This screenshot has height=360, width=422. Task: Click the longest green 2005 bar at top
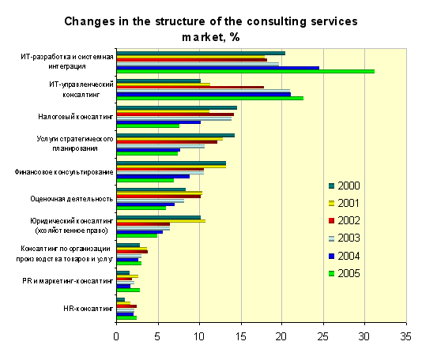click(x=246, y=72)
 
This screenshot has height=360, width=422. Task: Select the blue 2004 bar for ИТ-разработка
click(x=218, y=68)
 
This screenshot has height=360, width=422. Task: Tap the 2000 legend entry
click(x=345, y=186)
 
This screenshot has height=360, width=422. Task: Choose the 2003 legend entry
click(x=345, y=238)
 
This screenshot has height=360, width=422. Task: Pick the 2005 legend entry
click(x=345, y=273)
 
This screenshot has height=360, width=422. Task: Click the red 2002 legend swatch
click(x=331, y=221)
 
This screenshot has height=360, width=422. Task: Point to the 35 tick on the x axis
click(x=406, y=336)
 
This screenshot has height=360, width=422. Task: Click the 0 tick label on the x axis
click(x=116, y=336)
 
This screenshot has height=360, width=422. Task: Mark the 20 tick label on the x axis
click(x=281, y=336)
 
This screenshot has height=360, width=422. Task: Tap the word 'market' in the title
click(x=202, y=37)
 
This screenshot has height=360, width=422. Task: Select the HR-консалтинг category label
click(x=88, y=309)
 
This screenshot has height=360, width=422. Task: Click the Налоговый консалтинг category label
click(x=75, y=117)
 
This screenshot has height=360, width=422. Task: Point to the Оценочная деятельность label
click(x=72, y=199)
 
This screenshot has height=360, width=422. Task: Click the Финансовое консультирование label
click(x=64, y=172)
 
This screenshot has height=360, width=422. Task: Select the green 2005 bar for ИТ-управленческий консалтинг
click(x=210, y=99)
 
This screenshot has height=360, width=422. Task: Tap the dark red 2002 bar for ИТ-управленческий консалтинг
click(x=190, y=87)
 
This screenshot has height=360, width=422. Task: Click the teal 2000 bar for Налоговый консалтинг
click(x=177, y=108)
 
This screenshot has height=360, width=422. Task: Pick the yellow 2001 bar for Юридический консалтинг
click(x=161, y=221)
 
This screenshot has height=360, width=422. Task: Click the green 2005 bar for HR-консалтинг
click(x=126, y=318)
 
